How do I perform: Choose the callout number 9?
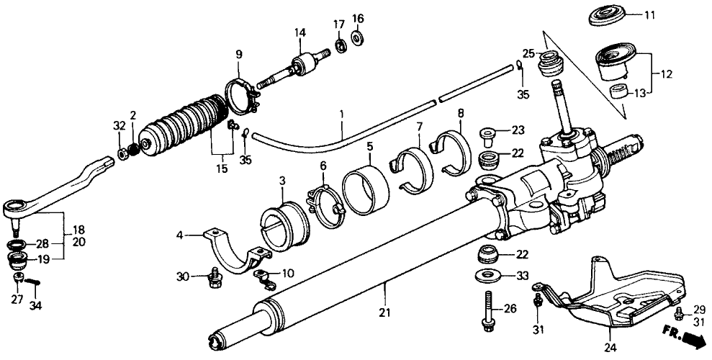point(239,53)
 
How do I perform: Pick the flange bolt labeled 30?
point(213,275)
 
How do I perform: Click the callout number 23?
point(519,131)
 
